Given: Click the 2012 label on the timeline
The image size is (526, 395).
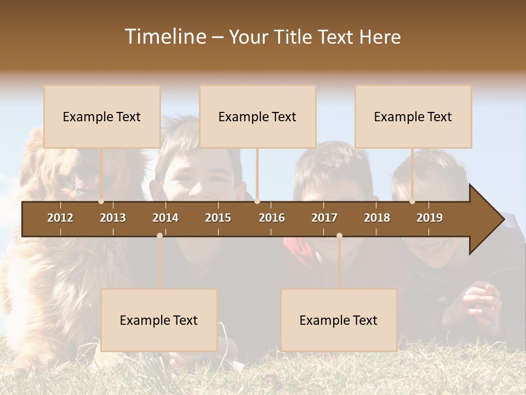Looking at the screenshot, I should (60, 218).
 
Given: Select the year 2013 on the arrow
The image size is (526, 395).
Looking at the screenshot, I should (113, 218).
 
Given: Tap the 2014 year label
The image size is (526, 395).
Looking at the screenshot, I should (165, 218).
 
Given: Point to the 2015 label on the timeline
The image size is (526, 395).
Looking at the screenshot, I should (218, 218).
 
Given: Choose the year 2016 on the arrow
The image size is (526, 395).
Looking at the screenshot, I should (272, 218).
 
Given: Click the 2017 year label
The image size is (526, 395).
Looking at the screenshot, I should (324, 218).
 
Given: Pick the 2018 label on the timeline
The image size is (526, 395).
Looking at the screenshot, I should (377, 218).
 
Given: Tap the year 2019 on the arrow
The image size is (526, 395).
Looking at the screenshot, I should (430, 218).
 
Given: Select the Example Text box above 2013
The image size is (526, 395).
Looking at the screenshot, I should (102, 116).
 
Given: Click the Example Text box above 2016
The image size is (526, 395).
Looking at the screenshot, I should (258, 116).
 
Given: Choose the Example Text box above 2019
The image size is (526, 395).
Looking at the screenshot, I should (413, 116).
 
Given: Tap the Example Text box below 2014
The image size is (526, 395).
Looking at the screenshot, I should (159, 320).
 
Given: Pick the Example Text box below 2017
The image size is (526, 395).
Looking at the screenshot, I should (339, 320).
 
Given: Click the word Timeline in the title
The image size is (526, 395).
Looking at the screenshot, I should (164, 37).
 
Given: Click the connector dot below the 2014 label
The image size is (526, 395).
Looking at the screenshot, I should (159, 235).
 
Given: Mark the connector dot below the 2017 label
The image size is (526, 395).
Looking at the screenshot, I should (339, 235).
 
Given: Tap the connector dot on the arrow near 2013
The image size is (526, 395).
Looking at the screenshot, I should (101, 201).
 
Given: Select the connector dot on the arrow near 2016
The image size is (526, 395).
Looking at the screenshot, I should (257, 201).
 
